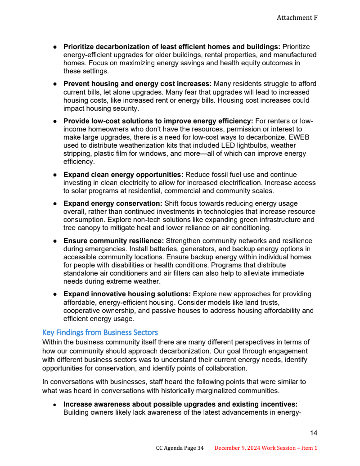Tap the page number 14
click(314, 433)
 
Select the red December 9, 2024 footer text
click(266, 448)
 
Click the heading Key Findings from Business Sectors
click(100, 333)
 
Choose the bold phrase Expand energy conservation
click(113, 204)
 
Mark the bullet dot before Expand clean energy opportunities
click(54, 175)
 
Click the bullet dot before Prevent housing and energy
click(54, 84)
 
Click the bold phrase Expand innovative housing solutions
click(127, 294)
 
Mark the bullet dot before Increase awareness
click(54, 405)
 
